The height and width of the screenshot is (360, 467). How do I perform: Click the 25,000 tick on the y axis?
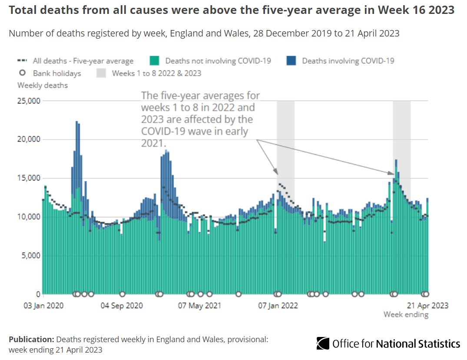(29, 101)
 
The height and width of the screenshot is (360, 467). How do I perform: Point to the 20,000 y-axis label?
(29, 140)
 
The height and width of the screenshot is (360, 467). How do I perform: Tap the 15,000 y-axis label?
(29, 178)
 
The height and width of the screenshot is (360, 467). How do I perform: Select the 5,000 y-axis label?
(30, 255)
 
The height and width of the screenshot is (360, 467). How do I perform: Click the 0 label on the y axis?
(38, 294)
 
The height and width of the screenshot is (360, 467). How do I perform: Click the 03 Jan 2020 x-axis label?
(43, 306)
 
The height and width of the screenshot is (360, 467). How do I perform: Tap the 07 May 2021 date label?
(200, 306)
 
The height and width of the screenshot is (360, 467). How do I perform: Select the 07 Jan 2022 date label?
(278, 306)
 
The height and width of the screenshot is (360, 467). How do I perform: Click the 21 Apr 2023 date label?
(427, 306)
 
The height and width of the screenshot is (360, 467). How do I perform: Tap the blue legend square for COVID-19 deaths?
(291, 61)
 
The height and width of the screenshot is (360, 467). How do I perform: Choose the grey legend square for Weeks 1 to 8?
(101, 73)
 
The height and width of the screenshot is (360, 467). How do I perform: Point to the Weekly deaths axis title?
(43, 85)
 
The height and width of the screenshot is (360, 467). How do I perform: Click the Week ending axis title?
(406, 314)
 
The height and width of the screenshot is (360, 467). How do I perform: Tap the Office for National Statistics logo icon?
(323, 343)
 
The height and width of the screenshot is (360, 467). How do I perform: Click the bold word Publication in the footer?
(31, 340)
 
